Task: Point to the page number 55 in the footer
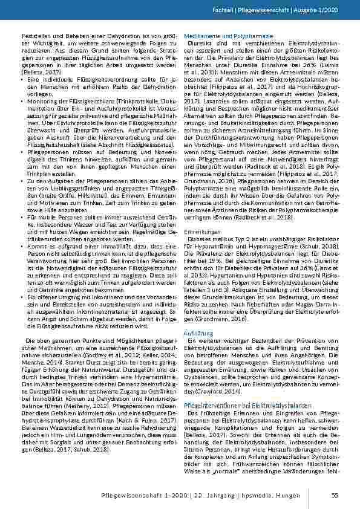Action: point(334,497)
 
